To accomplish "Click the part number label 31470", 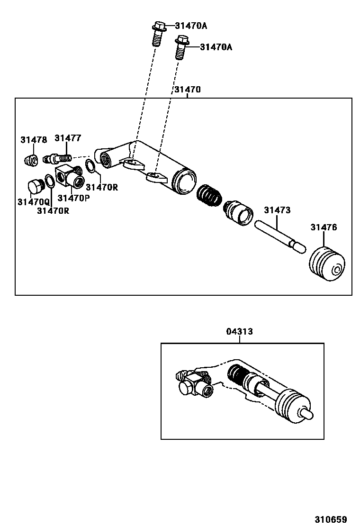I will point(187,90).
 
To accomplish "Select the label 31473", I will point(277,210).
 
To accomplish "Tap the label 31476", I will point(324,227).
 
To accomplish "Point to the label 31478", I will point(34,140).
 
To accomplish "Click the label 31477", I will point(68,138).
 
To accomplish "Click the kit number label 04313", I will point(240,332).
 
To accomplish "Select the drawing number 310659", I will point(331,519).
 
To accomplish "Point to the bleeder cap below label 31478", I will point(31,160).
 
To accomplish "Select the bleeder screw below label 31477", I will point(57,157).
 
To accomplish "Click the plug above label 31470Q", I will point(35,186).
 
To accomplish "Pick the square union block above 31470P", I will point(69,177).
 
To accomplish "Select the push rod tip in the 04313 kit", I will point(307,413).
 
